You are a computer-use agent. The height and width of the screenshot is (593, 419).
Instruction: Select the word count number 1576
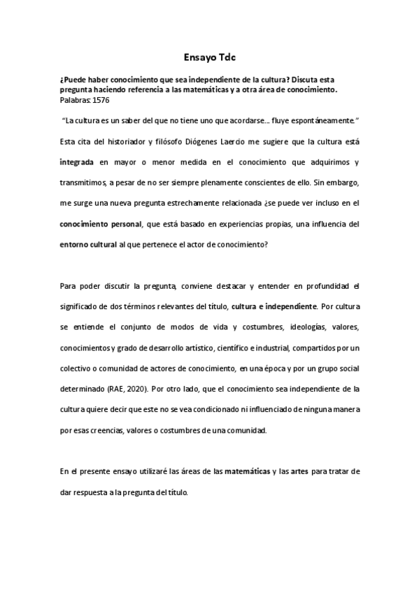(99, 100)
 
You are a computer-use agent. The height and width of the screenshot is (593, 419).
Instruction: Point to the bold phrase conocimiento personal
(97, 224)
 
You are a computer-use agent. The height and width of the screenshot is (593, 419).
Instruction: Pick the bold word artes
(294, 471)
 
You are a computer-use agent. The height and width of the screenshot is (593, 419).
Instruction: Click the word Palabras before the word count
(73, 100)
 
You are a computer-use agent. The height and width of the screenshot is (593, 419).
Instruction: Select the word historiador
(132, 143)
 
